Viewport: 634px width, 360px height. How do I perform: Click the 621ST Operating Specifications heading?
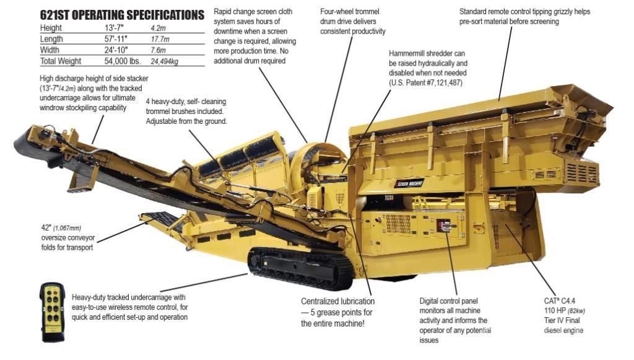[122, 15]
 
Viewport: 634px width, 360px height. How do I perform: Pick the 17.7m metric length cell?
[160, 39]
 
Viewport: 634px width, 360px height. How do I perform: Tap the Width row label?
[50, 50]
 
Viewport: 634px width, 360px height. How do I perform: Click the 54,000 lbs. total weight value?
[123, 61]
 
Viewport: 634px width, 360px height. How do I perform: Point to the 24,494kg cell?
[164, 61]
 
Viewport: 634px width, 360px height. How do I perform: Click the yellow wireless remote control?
[53, 312]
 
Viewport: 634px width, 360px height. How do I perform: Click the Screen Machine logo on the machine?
[409, 183]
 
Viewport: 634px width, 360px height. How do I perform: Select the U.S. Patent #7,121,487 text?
[425, 83]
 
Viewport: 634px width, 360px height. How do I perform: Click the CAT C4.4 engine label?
[565, 315]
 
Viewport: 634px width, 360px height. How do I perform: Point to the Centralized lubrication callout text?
[337, 312]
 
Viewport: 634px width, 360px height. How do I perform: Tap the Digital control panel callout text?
[455, 320]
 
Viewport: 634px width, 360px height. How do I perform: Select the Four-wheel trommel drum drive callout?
[352, 22]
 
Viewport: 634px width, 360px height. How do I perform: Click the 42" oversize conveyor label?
[68, 238]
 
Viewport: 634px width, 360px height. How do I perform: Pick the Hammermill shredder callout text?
[428, 68]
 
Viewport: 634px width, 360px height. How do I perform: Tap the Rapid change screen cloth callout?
[254, 36]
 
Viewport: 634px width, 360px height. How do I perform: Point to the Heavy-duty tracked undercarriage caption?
[130, 307]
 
